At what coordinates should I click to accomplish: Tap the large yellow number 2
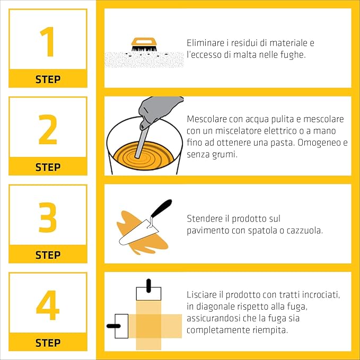coord(48,129)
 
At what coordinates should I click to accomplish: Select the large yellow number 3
coord(48,217)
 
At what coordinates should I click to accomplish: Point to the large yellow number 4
coord(48,305)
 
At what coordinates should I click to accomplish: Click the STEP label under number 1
coord(48,80)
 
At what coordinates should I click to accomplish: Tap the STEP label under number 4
coord(48,343)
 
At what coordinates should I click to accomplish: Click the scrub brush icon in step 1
coord(144,45)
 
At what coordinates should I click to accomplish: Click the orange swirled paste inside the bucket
coord(144,156)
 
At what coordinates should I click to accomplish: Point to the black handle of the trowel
coord(161,208)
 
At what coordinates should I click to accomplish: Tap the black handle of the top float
coord(148,286)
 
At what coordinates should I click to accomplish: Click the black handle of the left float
coord(113,326)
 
